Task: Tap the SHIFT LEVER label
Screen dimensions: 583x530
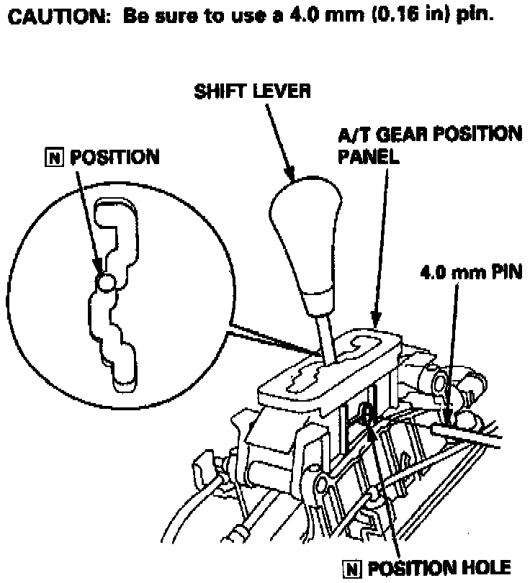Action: [252, 91]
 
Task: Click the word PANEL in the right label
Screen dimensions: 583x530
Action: [369, 157]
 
